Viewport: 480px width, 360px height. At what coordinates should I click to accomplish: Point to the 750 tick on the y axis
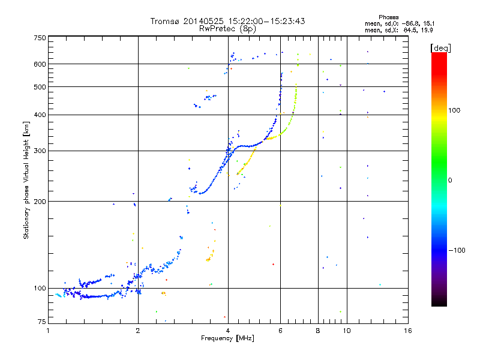[x=40, y=38]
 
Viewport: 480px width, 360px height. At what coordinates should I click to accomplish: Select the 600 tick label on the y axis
[x=40, y=64]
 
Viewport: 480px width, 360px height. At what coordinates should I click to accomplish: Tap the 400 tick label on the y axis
[x=40, y=115]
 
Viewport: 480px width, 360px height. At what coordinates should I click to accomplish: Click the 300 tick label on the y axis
[x=40, y=151]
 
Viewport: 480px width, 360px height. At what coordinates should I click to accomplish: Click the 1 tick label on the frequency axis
[x=49, y=331]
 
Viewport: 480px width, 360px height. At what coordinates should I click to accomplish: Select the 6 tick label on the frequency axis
[x=280, y=331]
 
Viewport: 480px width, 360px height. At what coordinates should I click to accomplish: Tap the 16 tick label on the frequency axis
[x=407, y=331]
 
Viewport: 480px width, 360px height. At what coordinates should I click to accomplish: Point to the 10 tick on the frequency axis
[x=347, y=331]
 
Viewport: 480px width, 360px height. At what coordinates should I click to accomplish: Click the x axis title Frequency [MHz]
[x=227, y=339]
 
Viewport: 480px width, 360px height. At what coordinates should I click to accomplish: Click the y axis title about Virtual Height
[x=26, y=181]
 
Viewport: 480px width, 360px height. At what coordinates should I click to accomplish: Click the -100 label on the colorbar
[x=458, y=250]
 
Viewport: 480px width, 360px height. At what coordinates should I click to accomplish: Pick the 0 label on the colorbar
[x=451, y=180]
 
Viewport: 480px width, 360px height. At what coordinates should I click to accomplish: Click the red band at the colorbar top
[x=439, y=56]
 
